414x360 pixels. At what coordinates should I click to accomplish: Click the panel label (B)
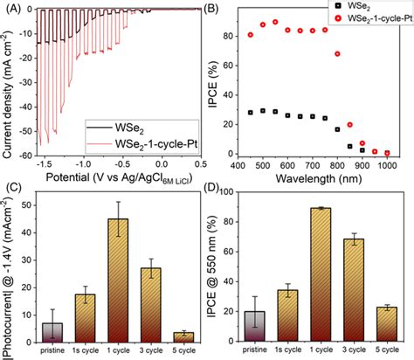click(x=224, y=10)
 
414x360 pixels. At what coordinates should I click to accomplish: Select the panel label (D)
click(x=224, y=185)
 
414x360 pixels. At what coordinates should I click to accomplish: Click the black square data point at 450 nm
click(x=252, y=113)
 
